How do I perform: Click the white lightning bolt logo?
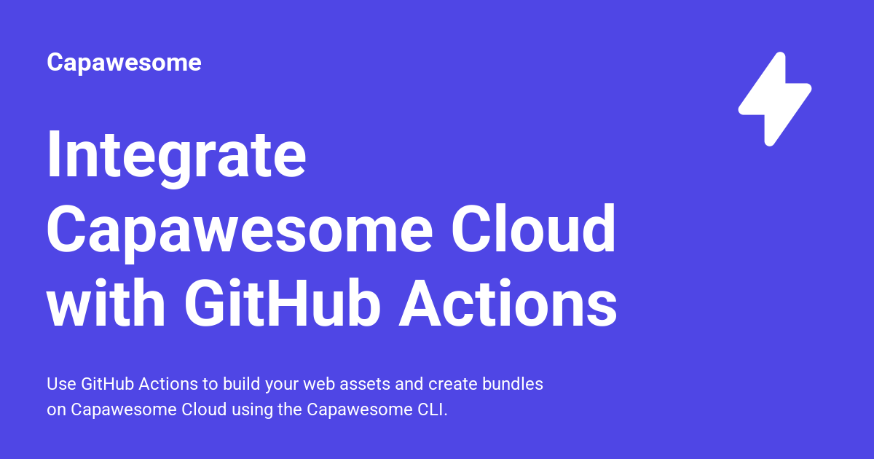click(774, 98)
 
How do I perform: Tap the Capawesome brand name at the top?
click(124, 63)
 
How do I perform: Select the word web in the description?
click(318, 384)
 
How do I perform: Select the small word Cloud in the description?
click(205, 409)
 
